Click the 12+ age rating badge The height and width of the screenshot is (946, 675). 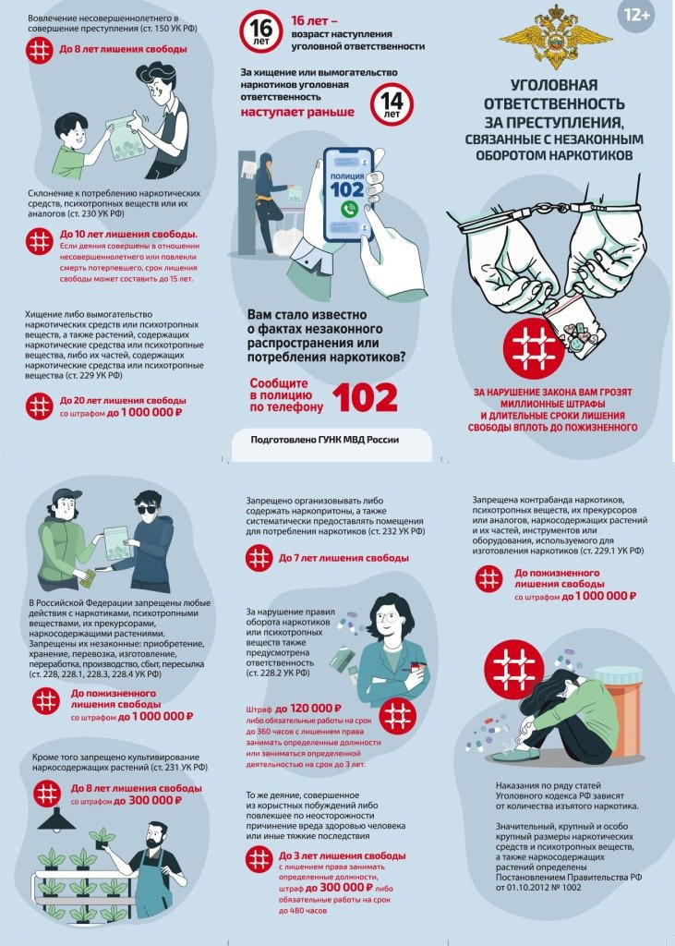[x=636, y=16]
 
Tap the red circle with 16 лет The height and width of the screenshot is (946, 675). [x=260, y=32]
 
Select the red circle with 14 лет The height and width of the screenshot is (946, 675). [x=392, y=104]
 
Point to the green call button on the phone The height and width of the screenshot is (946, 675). [x=349, y=210]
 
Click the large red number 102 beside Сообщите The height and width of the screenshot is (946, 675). [x=365, y=397]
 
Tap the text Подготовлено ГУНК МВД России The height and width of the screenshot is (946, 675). [x=324, y=440]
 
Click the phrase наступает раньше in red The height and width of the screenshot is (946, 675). [x=297, y=112]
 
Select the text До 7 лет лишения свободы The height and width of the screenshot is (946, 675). [x=344, y=558]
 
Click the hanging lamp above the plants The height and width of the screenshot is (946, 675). [x=58, y=819]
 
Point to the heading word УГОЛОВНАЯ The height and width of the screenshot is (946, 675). [x=554, y=85]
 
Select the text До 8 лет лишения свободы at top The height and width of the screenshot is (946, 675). [x=123, y=50]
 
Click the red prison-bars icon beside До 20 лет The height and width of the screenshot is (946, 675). [x=39, y=406]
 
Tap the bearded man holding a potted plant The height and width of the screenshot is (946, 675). [x=154, y=868]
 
